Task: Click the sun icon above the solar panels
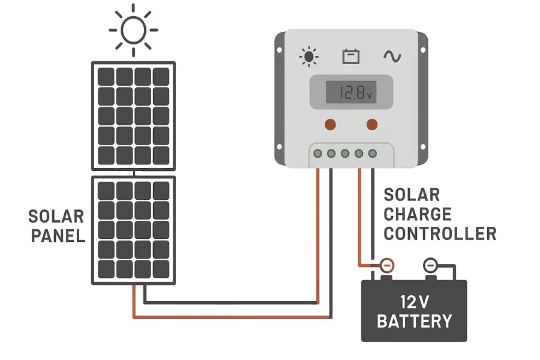pos(133,29)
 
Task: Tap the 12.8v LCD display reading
pos(350,93)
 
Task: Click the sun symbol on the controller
pos(309,57)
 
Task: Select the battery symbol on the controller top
pos(351,57)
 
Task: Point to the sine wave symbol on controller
pos(392,56)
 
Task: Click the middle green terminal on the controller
pos(345,154)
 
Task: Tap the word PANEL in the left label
pos(58,236)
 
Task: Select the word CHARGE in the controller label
pos(418,214)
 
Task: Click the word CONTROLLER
pos(440,233)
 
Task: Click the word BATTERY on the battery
pos(414,321)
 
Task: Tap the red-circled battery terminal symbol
pos(388,265)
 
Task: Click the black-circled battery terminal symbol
pos(430,265)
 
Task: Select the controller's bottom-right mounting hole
pos(422,147)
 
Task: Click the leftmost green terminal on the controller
pos(317,154)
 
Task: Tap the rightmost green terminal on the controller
pos(373,154)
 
